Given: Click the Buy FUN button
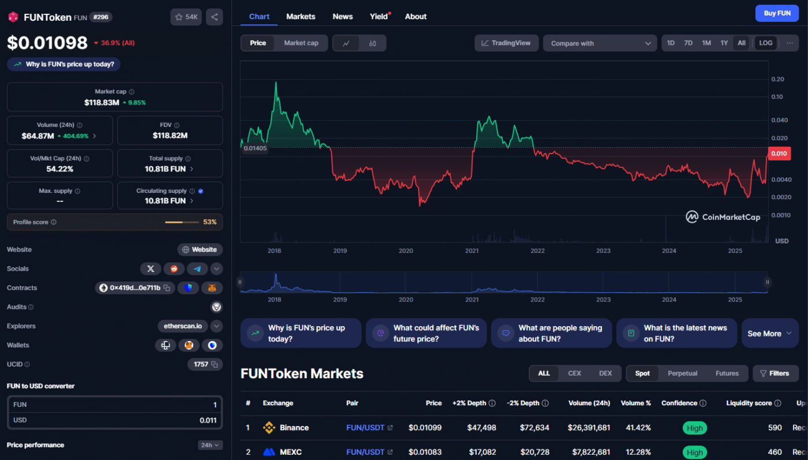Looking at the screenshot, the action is click(777, 13).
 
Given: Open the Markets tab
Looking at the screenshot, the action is click(301, 17).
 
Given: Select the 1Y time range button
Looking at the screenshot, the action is click(724, 43).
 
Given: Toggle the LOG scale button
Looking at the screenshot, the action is click(765, 43).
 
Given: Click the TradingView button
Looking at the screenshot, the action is click(506, 43).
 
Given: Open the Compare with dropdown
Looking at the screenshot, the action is click(600, 43).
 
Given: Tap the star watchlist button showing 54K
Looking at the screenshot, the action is click(186, 17).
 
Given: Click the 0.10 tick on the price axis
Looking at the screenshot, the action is click(777, 97).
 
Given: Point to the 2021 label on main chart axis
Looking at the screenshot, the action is click(472, 250).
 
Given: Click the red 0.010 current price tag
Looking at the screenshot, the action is click(779, 154).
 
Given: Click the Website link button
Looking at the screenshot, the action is click(200, 250).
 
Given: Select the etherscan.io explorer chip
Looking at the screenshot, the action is click(182, 326).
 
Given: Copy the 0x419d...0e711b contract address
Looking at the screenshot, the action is click(167, 288).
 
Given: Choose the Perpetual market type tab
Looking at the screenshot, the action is click(682, 373).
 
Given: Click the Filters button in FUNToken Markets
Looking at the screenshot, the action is click(775, 373).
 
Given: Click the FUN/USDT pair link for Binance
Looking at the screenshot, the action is click(365, 428).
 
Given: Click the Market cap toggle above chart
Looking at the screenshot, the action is click(301, 43).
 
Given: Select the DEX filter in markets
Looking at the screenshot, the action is click(605, 373).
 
